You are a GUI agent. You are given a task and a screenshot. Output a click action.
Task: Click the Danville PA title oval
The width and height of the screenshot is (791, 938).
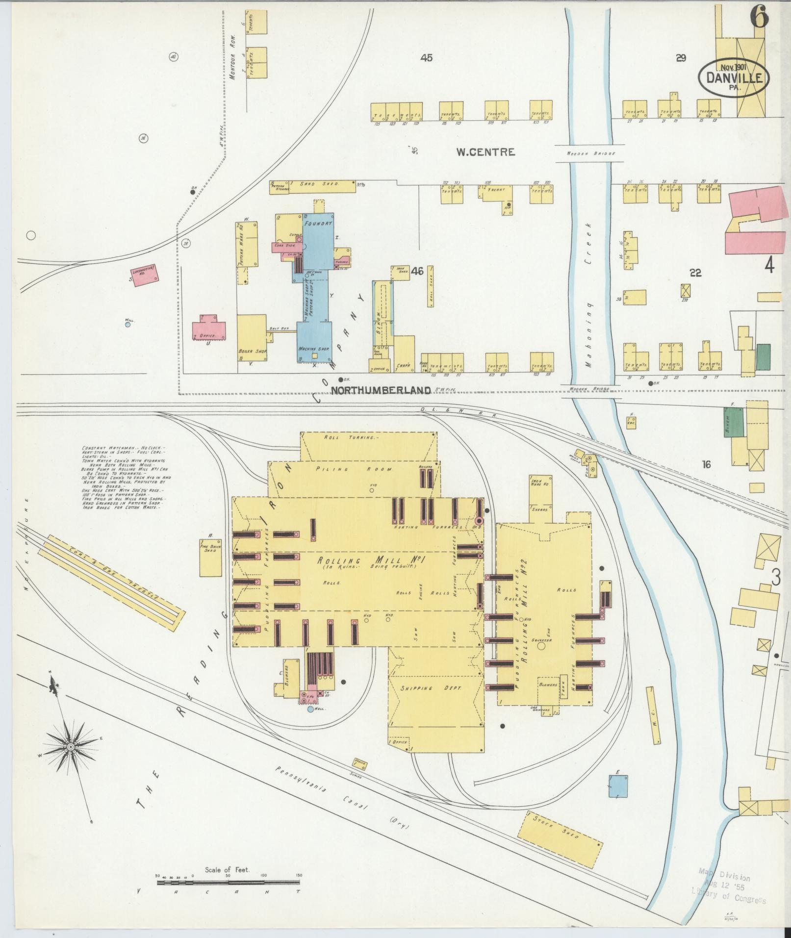click(x=734, y=77)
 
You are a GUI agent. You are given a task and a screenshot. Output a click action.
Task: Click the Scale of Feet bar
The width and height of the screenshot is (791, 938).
click(x=229, y=539)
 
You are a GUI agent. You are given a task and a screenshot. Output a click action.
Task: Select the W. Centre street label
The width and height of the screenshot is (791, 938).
click(x=485, y=152)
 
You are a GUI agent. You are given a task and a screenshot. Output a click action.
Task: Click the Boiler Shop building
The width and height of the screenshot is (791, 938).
click(x=252, y=338)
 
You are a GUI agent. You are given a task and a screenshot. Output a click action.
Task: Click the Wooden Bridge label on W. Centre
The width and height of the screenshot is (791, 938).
click(x=590, y=153)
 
